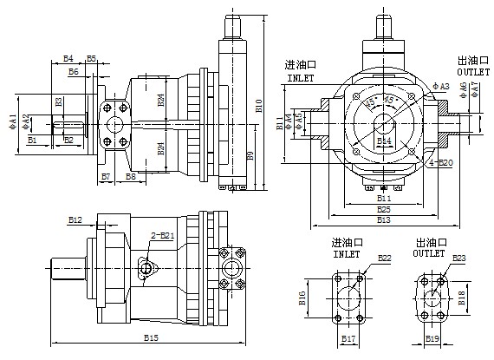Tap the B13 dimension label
(383, 219)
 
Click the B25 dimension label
(383, 209)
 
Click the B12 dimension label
(75, 220)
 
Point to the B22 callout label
(385, 258)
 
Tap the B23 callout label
(459, 258)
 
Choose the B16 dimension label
(303, 298)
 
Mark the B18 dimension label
(462, 298)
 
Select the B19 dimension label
(432, 337)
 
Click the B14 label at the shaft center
(384, 141)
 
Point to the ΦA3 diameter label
(440, 87)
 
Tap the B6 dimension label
(75, 73)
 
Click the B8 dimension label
(130, 176)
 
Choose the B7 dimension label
(106, 176)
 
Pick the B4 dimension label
(69, 59)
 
